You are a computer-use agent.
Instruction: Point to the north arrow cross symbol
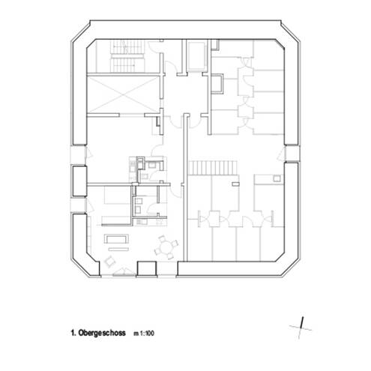[301, 325]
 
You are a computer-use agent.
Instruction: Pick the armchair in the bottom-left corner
[110, 261]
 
